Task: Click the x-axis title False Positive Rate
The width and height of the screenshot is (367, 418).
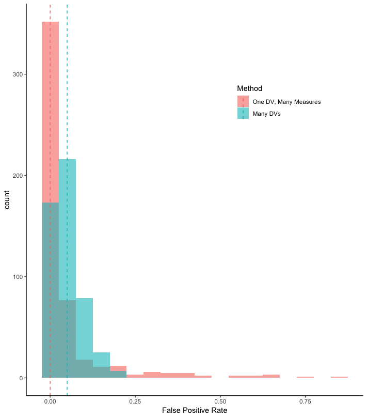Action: tap(195, 410)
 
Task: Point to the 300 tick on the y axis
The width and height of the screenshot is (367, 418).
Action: tap(17, 74)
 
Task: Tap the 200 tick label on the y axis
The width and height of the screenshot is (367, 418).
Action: tap(17, 176)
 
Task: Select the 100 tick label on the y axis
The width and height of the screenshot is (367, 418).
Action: tap(17, 277)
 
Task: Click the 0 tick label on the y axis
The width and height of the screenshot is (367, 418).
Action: tap(20, 378)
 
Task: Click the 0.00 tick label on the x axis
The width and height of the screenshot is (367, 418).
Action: tap(50, 401)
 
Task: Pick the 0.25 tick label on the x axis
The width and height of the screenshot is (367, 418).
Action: tap(135, 401)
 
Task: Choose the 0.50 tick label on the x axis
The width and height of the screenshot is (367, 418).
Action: tap(220, 401)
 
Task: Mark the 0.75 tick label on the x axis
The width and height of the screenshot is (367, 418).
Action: tap(305, 401)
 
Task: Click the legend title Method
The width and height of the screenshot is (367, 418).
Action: tap(249, 88)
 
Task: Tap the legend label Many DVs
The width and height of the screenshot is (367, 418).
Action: tap(270, 114)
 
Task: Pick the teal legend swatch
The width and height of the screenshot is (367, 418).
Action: tap(243, 114)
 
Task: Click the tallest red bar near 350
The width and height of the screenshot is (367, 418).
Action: tap(50, 103)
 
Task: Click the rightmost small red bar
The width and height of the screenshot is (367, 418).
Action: tap(339, 377)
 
